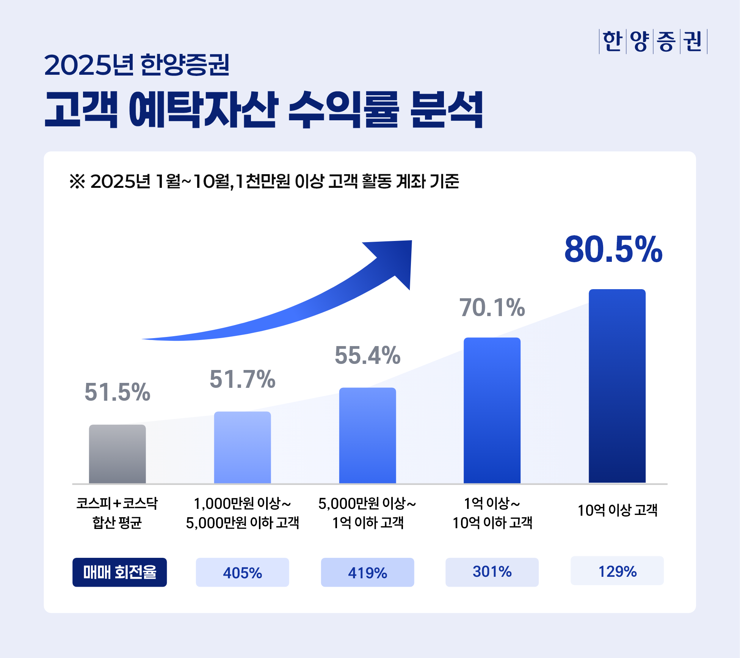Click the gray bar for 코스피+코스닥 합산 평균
click(117, 454)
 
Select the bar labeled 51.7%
click(242, 447)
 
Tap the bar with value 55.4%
click(367, 435)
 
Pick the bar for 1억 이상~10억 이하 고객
click(492, 410)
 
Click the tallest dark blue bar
click(617, 386)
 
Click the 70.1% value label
click(492, 307)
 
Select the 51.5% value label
click(117, 392)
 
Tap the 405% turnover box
click(242, 572)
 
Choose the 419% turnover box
click(367, 572)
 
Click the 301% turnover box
click(492, 571)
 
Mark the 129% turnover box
click(617, 571)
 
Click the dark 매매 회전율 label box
click(119, 572)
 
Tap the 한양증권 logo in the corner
click(652, 41)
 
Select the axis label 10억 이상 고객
click(617, 510)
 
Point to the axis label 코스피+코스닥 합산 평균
click(117, 513)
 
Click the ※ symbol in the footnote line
click(77, 181)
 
